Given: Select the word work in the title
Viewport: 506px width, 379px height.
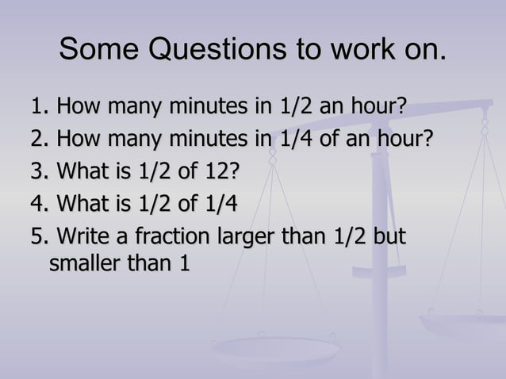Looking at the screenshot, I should pyautogui.click(x=365, y=50).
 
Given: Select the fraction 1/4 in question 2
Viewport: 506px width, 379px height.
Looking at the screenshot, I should pyautogui.click(x=296, y=140).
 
